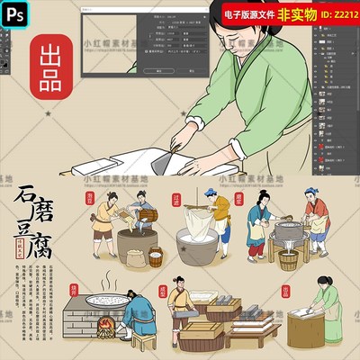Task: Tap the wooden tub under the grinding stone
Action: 289,261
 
